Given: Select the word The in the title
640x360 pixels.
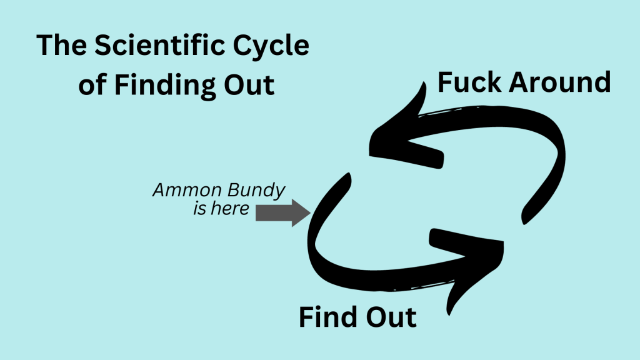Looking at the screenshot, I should tap(61, 47).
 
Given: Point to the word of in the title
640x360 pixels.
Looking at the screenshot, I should tap(92, 84).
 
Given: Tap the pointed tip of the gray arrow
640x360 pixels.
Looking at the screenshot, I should tap(309, 213).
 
